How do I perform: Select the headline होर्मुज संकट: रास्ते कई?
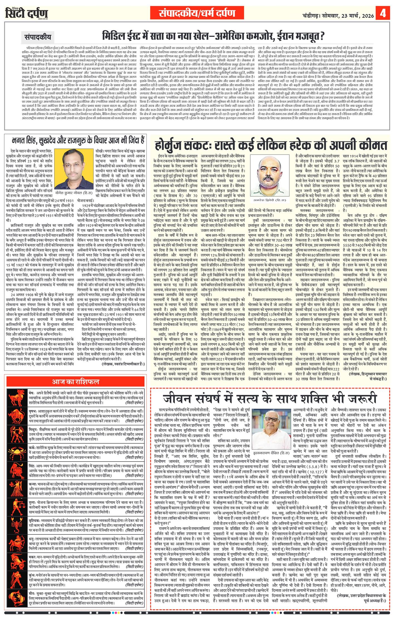[x=271, y=145]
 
